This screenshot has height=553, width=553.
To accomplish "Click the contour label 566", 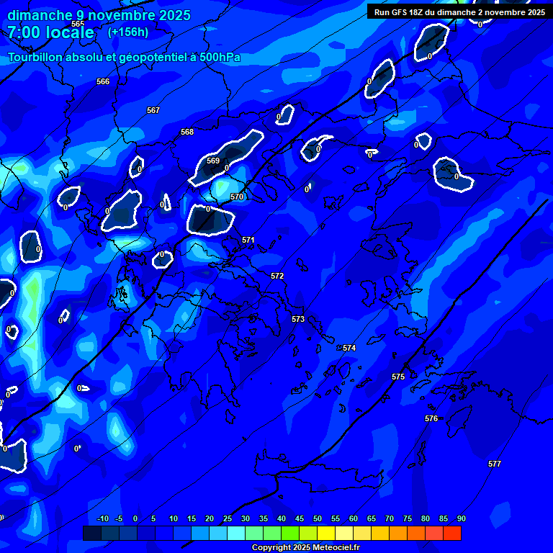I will point(103,81).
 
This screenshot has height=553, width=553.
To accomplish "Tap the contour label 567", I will point(153,110).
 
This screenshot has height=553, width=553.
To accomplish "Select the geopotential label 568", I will point(187,132).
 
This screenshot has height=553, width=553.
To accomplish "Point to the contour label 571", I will point(248,240).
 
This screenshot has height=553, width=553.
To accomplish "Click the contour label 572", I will point(277,276).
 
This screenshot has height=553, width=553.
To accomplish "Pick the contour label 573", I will point(298,319).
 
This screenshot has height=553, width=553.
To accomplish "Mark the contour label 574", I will point(349,348).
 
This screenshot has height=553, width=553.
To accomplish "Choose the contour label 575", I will point(398,377).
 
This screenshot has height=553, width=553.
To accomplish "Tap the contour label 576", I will point(431,418).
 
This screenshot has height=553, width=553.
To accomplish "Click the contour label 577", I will point(494,464).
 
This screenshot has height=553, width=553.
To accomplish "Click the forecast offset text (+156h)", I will point(127,32).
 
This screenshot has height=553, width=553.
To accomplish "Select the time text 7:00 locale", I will point(50,32).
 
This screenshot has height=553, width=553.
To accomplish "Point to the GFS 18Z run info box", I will point(459,12).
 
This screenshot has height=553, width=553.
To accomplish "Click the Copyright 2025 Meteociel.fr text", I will point(305,548).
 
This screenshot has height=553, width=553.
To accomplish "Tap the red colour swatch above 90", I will point(452,533).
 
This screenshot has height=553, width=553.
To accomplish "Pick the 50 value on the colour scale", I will point(318,518).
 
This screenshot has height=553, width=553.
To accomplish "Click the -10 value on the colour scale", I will point(102,518).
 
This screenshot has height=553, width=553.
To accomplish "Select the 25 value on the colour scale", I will point(227,518).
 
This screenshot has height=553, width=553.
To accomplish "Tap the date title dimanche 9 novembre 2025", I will point(99,15).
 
